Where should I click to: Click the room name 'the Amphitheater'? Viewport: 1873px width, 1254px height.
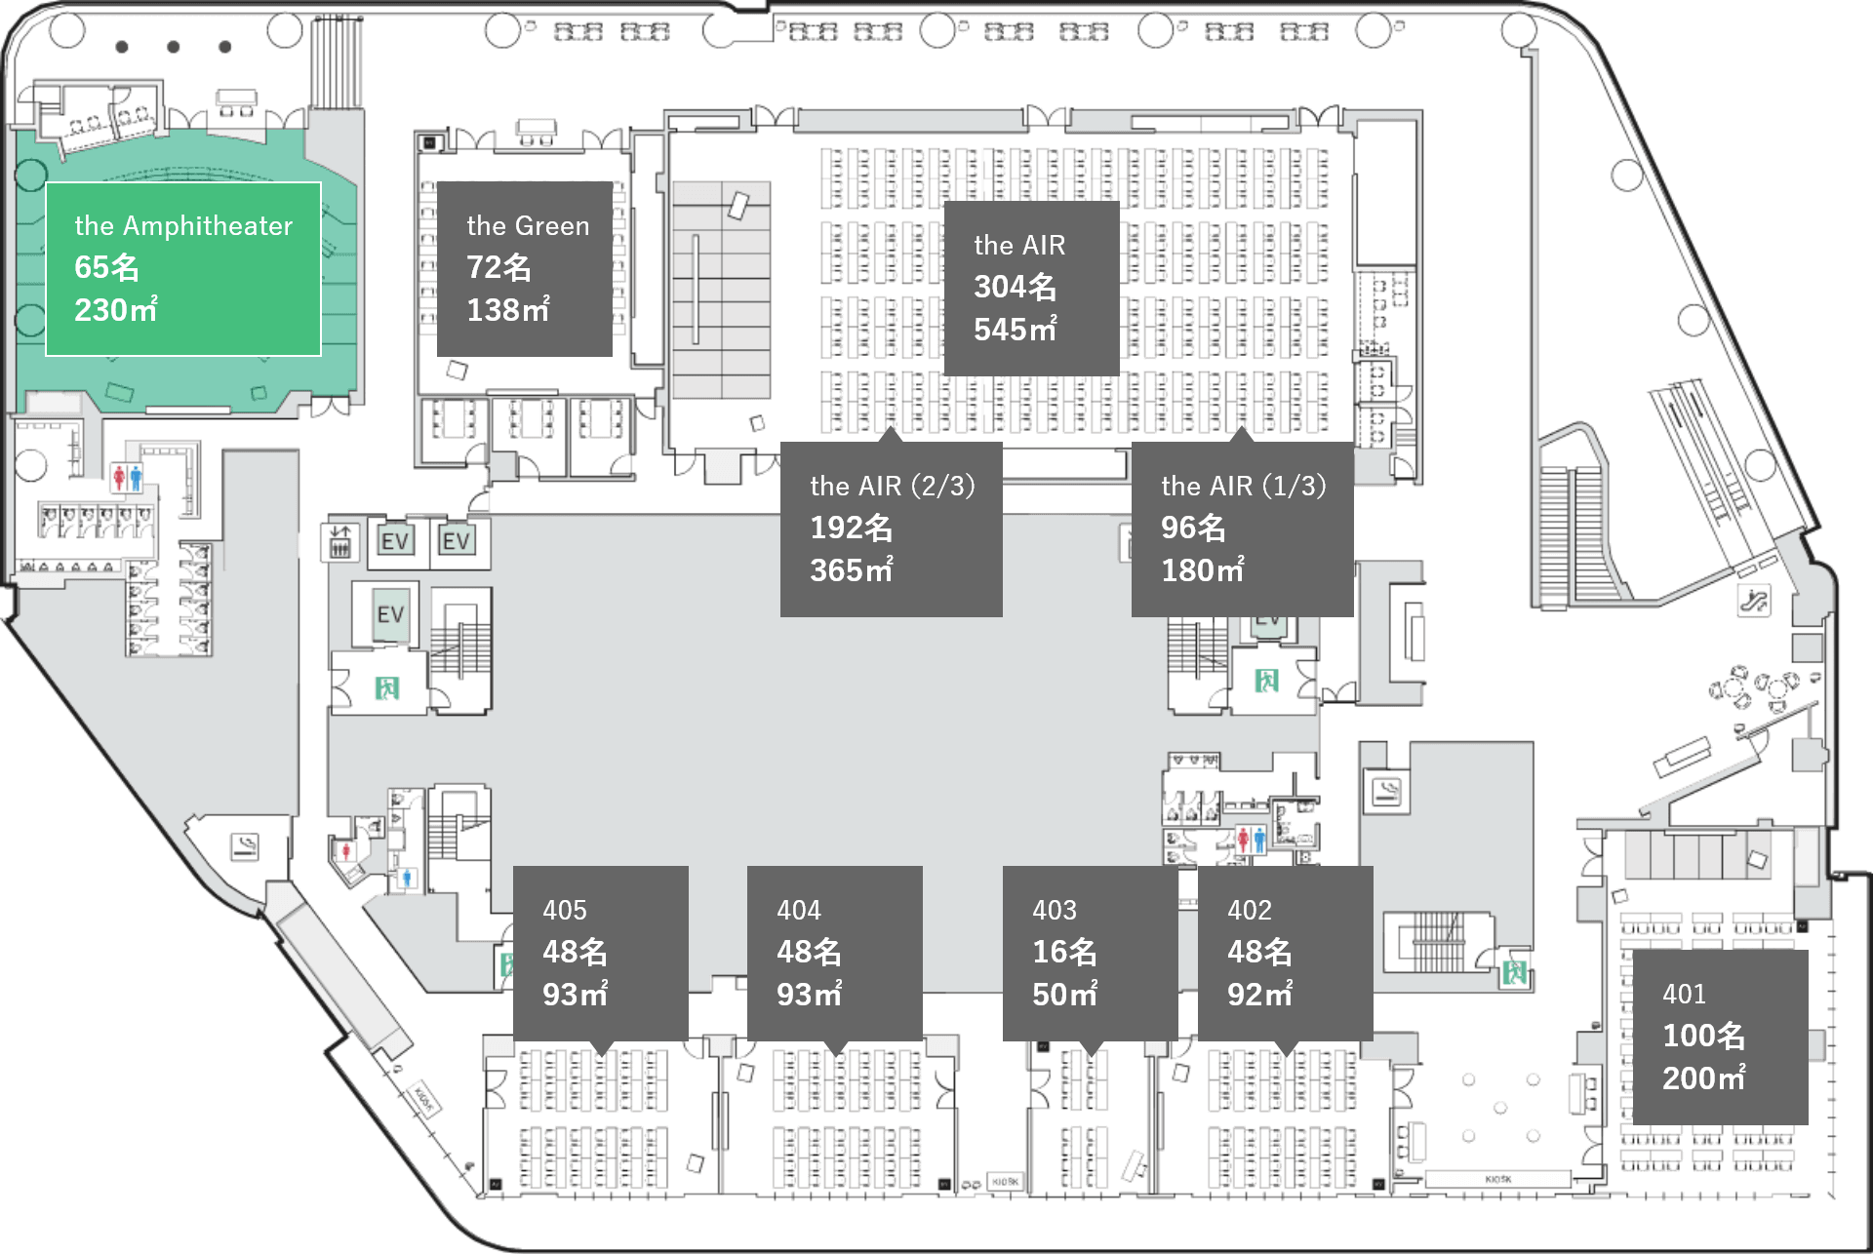[x=183, y=226]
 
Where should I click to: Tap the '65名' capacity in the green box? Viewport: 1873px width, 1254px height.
[x=106, y=267]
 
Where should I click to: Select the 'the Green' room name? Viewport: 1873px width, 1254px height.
[x=528, y=226]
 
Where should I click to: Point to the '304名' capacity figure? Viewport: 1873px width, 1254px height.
[x=1015, y=287]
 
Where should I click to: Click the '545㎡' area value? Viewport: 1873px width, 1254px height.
[x=1015, y=330]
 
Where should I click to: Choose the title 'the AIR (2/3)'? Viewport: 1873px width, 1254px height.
[x=892, y=486]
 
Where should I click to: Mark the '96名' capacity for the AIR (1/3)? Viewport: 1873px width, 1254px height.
[x=1192, y=529]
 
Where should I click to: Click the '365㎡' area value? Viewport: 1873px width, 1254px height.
[x=851, y=570]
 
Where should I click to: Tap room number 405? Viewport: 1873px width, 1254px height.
[x=565, y=911]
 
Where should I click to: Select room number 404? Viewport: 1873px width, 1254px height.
[x=799, y=911]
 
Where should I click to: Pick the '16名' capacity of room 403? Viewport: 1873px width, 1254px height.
[x=1064, y=952]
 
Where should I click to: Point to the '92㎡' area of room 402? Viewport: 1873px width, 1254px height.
[x=1259, y=995]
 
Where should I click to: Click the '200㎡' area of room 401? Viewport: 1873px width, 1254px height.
[x=1703, y=1078]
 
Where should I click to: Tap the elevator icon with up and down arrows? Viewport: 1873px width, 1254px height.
[x=339, y=541]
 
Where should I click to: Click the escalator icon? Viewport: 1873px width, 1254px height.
[x=1753, y=601]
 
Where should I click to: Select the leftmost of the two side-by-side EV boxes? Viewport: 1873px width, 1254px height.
[x=395, y=541]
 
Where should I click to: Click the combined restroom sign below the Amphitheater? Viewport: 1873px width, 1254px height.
[x=128, y=477]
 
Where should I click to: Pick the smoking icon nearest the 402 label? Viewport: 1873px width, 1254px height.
[x=1386, y=791]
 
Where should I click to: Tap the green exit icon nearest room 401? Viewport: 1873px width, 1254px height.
[x=1514, y=971]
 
